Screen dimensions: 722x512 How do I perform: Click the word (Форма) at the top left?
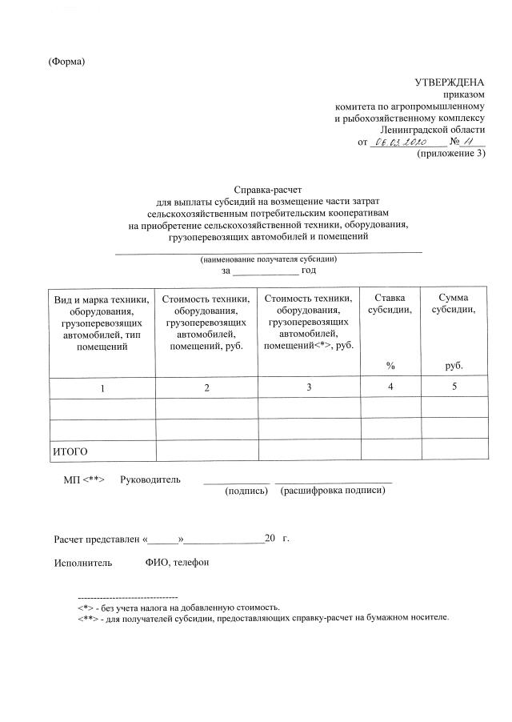[x=66, y=62]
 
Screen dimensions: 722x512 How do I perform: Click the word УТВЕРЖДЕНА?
[x=449, y=82]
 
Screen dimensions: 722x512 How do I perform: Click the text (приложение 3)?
[x=451, y=154]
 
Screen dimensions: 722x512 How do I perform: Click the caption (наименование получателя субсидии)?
[x=268, y=259]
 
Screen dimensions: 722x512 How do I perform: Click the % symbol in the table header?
[x=390, y=365]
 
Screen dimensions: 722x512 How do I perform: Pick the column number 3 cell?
[x=309, y=387]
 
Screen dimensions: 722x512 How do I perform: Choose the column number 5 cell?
[x=454, y=387]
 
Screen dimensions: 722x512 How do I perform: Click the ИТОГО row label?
[x=70, y=451]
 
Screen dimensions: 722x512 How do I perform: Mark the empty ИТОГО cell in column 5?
[x=454, y=450]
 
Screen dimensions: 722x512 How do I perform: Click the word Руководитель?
[x=150, y=479]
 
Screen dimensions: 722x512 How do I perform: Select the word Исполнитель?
[x=78, y=563]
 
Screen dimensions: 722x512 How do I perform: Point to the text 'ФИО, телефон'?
[x=177, y=563]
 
